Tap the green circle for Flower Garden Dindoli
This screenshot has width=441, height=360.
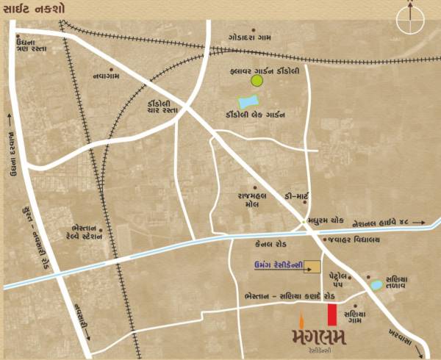click(257, 80)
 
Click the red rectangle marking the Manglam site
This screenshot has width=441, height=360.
click(332, 314)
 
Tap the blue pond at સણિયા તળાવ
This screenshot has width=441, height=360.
click(376, 284)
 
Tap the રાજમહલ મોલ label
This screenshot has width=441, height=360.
click(234, 201)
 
